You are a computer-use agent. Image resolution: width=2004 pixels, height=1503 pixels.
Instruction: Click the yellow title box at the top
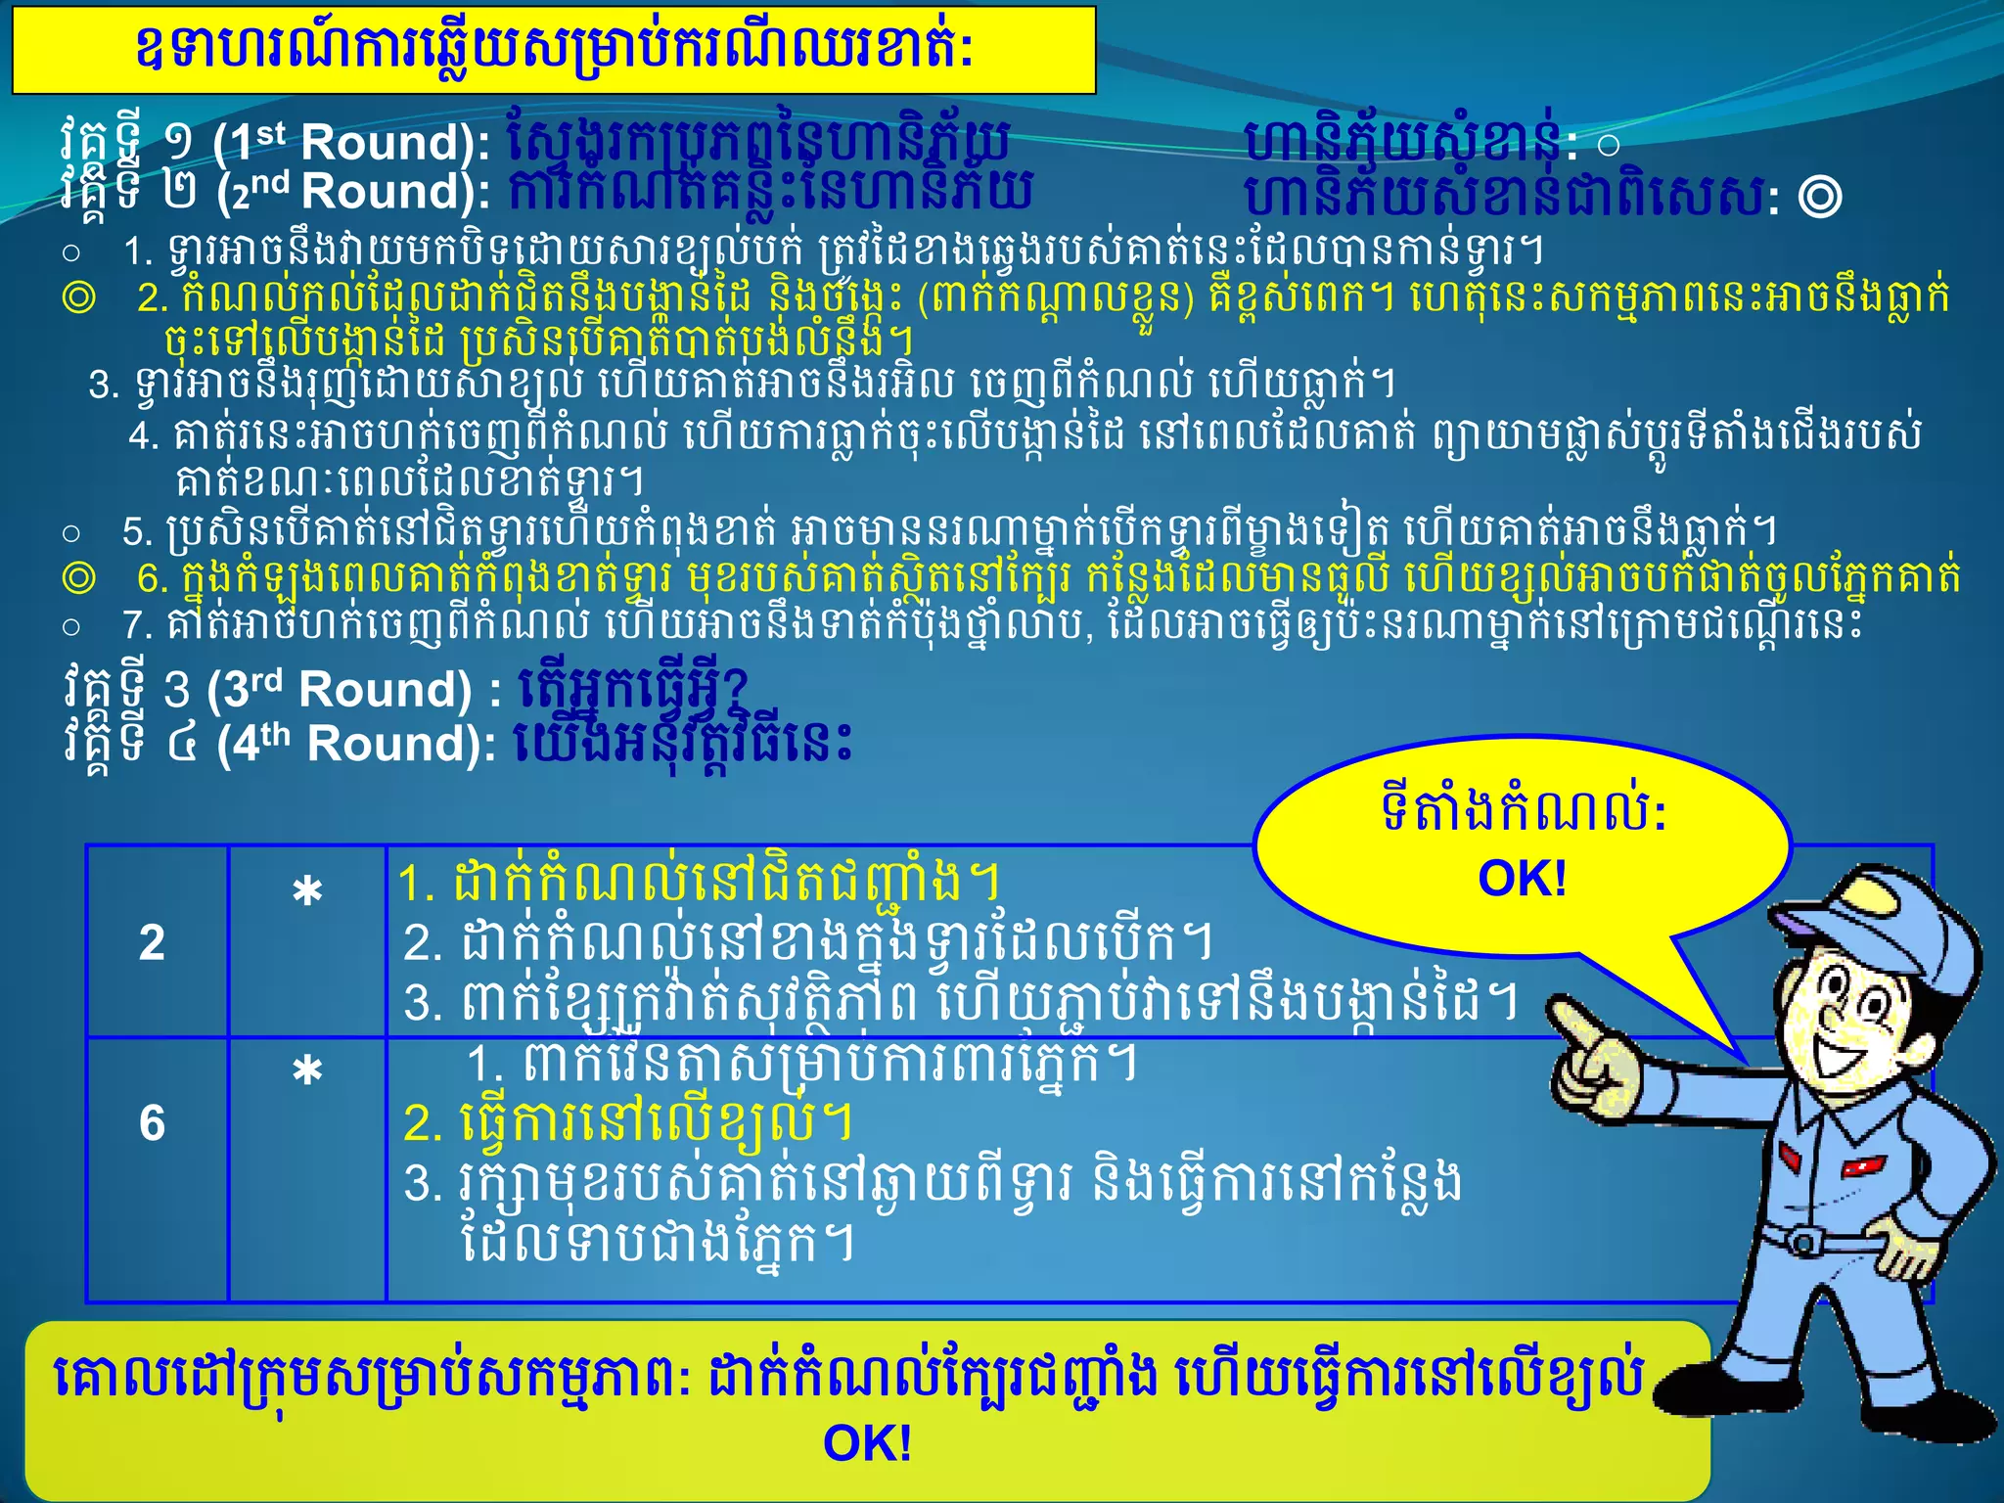pos(554,50)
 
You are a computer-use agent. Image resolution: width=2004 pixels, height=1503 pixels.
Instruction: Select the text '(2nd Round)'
pos(353,192)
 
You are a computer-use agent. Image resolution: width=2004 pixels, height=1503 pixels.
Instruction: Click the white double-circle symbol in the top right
pos(1819,197)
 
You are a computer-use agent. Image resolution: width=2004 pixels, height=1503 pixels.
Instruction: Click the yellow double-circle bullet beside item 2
pos(78,296)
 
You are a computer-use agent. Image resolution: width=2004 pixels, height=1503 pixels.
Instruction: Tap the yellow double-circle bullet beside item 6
pos(78,578)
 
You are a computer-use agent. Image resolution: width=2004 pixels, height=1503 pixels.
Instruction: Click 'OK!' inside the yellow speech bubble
pos(1522,879)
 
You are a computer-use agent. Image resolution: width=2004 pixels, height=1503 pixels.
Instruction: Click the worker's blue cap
pos(1849,905)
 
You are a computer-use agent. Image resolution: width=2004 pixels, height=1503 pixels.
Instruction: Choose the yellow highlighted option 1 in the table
pos(699,882)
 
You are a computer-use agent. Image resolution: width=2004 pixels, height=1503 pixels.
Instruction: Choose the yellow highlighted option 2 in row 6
pos(627,1122)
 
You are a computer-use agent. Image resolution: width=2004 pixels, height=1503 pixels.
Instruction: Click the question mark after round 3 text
pos(736,686)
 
